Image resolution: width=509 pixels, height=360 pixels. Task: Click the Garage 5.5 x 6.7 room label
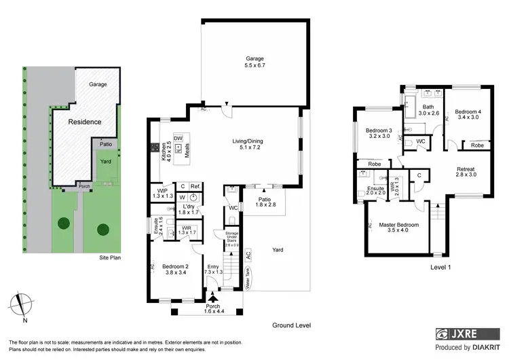[x=254, y=62]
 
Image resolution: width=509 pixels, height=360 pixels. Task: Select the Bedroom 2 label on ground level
[x=174, y=269]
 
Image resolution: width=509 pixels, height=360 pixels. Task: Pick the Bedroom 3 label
[x=379, y=134]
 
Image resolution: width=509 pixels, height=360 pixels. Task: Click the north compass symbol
[x=22, y=304]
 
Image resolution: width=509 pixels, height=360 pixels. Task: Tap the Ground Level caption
[x=291, y=325]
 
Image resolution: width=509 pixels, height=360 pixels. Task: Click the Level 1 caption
[x=440, y=267]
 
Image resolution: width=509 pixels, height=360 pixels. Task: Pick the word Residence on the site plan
[x=84, y=122]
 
